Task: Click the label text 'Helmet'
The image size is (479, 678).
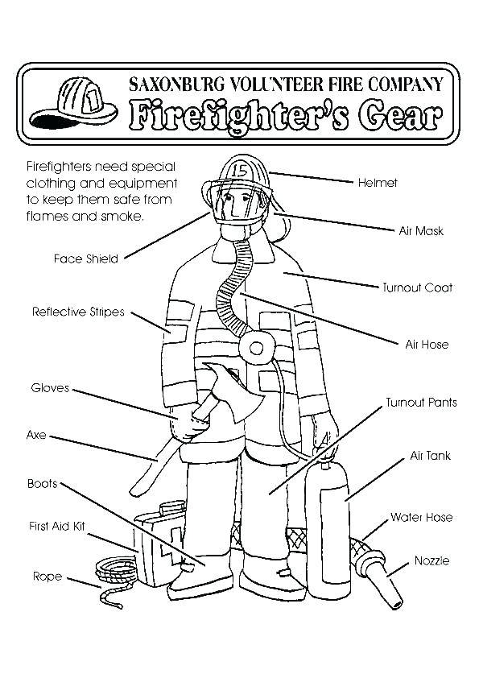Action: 378,183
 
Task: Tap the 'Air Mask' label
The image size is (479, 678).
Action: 421,231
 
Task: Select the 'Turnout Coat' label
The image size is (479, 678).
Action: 416,287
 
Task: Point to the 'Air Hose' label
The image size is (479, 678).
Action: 427,345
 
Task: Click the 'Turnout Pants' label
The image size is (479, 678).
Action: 421,402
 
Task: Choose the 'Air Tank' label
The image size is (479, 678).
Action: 430,456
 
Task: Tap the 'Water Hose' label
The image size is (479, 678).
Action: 421,517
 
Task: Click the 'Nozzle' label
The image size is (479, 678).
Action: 432,560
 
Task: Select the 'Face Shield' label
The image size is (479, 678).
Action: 86,258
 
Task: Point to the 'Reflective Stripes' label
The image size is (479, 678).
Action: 78,312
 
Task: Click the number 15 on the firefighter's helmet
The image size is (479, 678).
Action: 240,170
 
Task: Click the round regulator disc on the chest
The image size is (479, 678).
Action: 257,348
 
